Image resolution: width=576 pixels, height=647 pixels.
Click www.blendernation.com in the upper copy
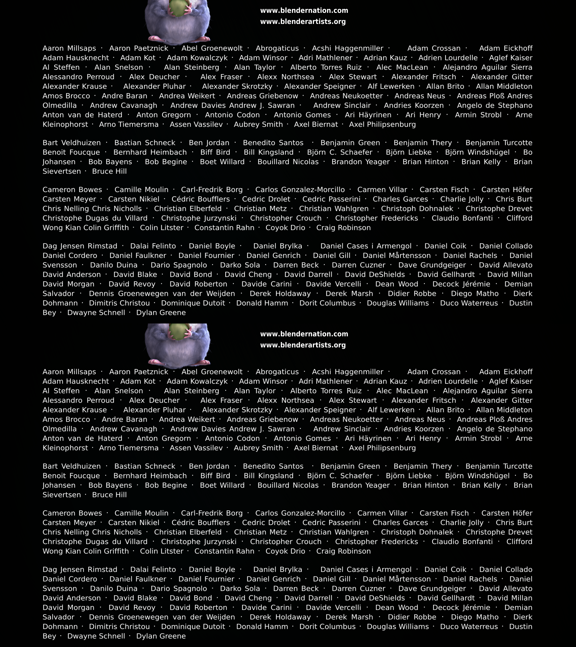(x=304, y=10)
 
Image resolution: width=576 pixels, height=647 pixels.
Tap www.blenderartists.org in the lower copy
(x=303, y=345)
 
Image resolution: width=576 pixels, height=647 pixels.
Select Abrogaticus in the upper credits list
(x=277, y=48)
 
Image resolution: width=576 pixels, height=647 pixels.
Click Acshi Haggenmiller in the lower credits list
(x=347, y=372)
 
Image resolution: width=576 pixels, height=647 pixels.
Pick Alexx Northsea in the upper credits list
(x=285, y=77)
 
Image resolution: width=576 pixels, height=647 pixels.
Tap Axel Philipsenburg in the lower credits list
(x=382, y=448)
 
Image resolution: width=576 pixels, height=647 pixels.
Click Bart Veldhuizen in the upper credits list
(x=72, y=143)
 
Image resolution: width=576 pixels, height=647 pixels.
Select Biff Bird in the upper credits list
(x=215, y=152)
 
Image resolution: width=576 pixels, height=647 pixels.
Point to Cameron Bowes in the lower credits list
(x=72, y=513)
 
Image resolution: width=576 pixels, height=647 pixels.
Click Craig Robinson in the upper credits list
(x=343, y=228)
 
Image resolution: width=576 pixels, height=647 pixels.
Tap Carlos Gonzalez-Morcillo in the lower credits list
(x=300, y=513)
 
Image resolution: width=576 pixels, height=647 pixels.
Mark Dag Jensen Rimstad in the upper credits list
(x=80, y=246)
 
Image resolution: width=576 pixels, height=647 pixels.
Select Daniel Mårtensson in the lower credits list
(x=397, y=579)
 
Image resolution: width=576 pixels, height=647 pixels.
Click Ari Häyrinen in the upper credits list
(x=368, y=115)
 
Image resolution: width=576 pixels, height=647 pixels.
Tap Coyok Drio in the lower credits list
(x=285, y=551)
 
